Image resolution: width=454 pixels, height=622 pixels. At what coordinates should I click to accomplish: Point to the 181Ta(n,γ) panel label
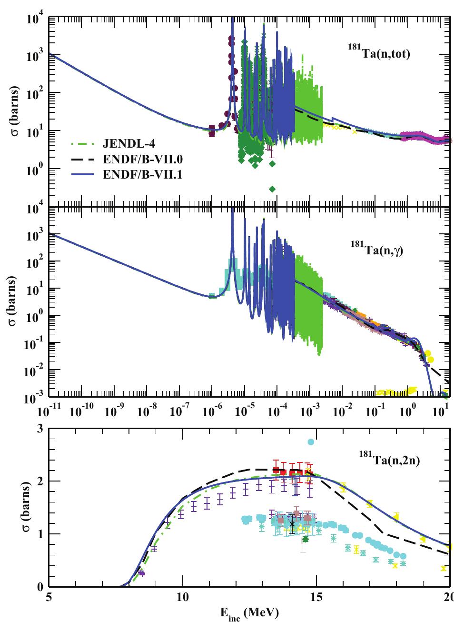[377, 251]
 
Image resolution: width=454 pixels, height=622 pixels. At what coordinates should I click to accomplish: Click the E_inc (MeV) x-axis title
[249, 613]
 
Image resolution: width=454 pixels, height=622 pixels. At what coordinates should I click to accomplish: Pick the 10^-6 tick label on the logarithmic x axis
[211, 411]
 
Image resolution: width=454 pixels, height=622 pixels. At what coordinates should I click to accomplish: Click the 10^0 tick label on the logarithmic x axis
[406, 411]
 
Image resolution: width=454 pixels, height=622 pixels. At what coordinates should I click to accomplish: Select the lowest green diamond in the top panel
[272, 189]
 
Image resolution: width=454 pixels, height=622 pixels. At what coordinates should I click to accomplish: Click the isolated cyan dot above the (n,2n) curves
[311, 442]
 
